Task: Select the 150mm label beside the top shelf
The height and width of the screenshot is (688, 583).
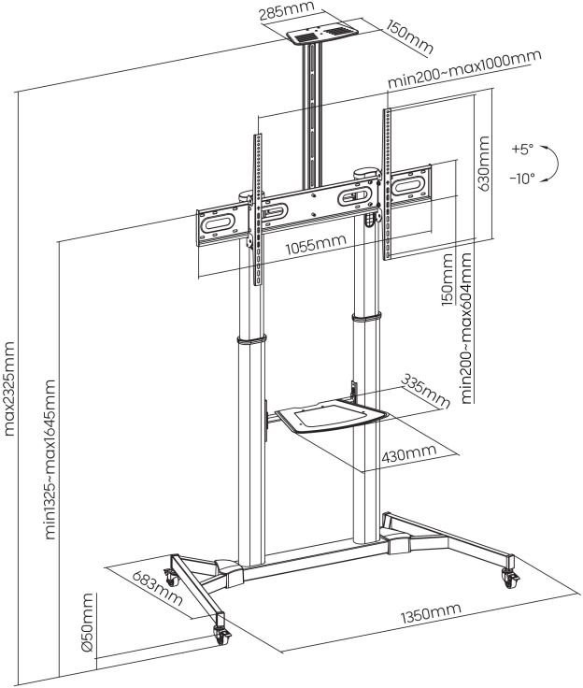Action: [x=410, y=37]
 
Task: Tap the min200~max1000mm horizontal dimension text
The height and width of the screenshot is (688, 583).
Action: [x=464, y=69]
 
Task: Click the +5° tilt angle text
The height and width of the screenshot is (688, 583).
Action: [x=522, y=150]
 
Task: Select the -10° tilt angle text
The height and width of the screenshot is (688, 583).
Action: [x=522, y=179]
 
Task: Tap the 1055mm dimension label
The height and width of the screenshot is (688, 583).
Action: [x=316, y=244]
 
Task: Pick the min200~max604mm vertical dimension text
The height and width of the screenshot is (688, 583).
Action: [x=466, y=328]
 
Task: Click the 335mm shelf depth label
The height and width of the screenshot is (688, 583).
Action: [x=425, y=391]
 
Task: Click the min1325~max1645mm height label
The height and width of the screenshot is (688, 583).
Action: [x=50, y=459]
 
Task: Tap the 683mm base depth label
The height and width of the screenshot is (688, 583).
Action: [x=157, y=588]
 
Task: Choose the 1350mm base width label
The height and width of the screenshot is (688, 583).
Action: [x=431, y=613]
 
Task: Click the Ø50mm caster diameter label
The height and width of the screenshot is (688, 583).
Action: [x=87, y=623]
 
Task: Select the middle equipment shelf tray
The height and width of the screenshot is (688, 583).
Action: [x=331, y=416]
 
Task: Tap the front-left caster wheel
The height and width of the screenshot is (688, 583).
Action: [x=221, y=636]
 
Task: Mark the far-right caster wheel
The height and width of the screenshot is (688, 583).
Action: [x=511, y=579]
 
